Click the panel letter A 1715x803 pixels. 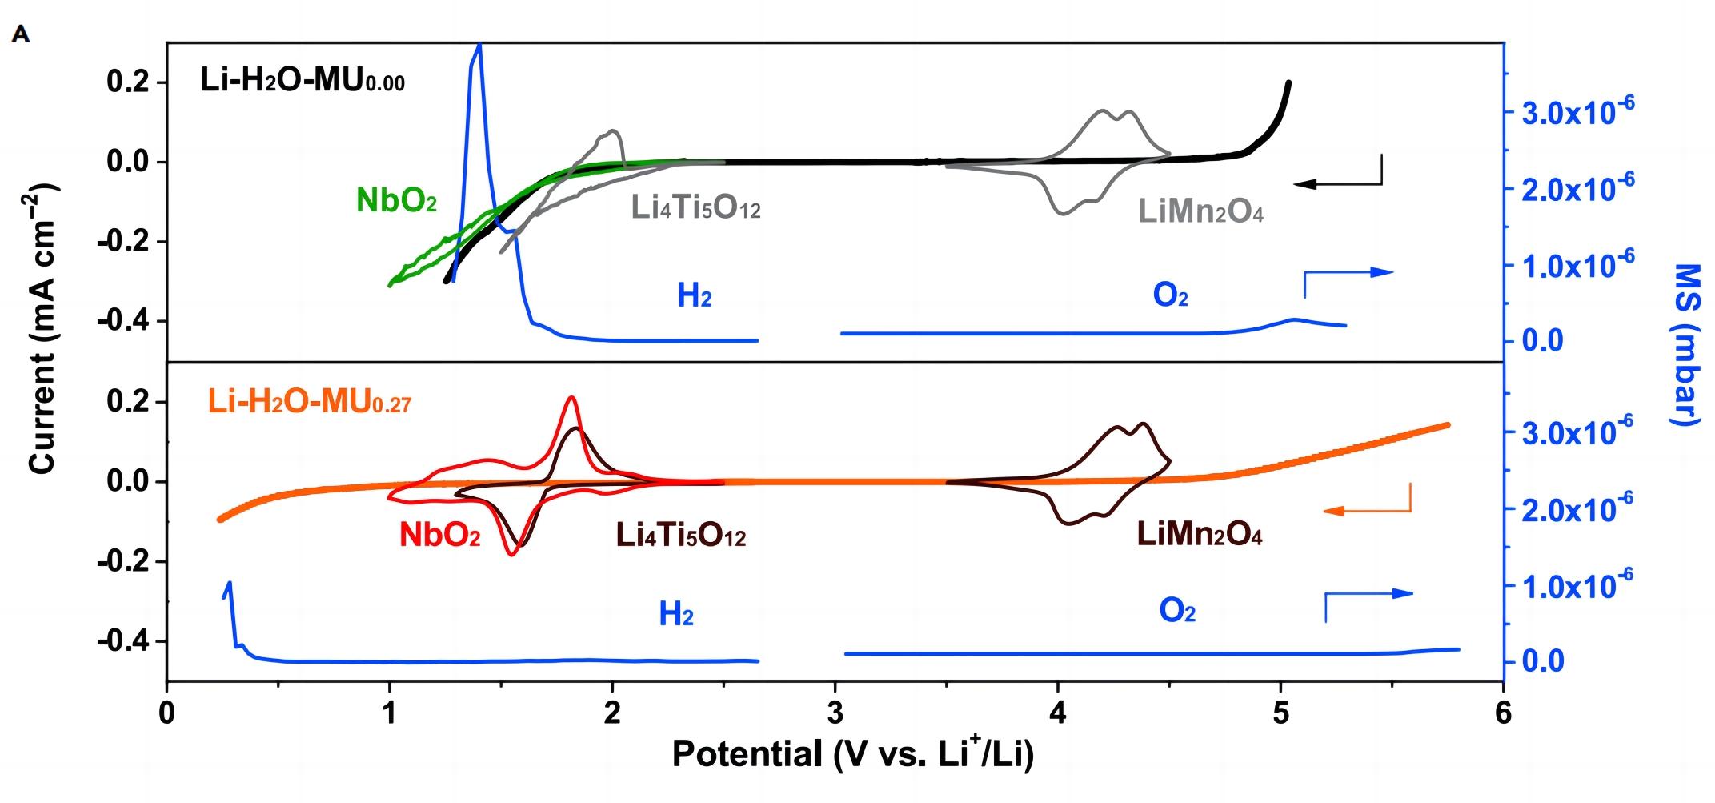click(x=21, y=34)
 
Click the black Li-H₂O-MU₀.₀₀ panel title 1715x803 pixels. click(x=303, y=81)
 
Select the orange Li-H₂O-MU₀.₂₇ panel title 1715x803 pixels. click(x=310, y=401)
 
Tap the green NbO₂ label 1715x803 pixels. click(x=396, y=200)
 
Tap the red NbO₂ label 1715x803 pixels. click(x=439, y=535)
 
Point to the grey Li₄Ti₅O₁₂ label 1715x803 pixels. click(x=695, y=207)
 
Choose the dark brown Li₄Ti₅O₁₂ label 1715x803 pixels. click(x=680, y=535)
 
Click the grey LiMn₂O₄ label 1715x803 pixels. click(x=1200, y=212)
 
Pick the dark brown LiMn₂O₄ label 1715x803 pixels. click(x=1200, y=534)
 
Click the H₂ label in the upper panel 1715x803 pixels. click(x=694, y=296)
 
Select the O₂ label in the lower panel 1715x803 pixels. click(x=1176, y=612)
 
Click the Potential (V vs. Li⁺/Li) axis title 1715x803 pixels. click(x=852, y=754)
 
